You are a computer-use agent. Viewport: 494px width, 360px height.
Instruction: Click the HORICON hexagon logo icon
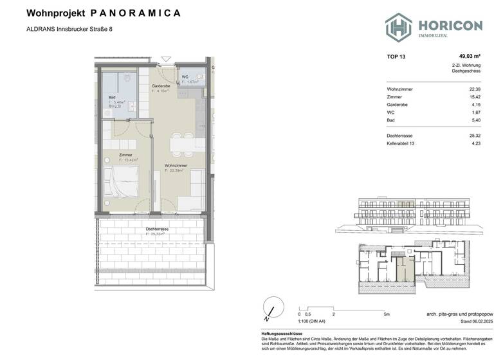pos(398,27)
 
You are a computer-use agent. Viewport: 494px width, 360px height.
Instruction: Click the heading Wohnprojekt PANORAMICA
pos(103,13)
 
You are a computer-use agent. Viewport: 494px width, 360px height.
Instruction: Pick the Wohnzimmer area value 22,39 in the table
pos(474,89)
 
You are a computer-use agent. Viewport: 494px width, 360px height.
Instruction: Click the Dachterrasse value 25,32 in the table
pos(474,136)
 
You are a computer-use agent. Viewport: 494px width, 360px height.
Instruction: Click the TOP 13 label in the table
pos(396,57)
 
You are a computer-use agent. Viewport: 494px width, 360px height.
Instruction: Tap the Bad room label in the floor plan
pos(111,97)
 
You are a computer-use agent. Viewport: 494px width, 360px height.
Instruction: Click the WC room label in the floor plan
pos(185,78)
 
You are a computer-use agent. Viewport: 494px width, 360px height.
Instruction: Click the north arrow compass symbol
pos(271,308)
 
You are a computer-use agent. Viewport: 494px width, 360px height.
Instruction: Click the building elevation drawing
pos(412,214)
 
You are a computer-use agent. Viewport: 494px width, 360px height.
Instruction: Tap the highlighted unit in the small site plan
pos(401,266)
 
